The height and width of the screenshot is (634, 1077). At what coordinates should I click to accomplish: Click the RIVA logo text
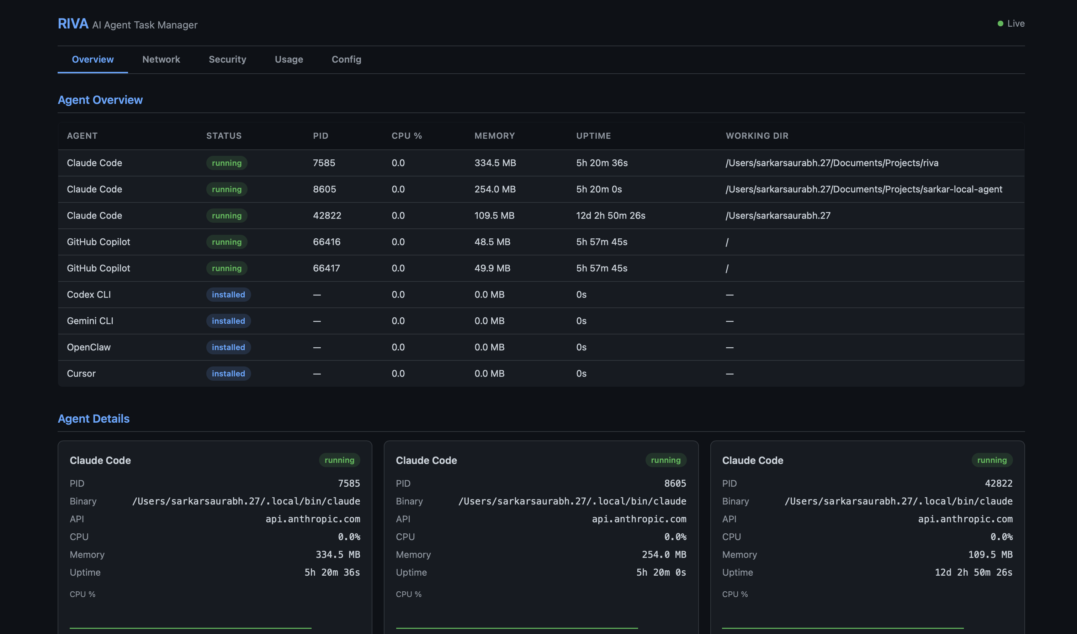tap(73, 23)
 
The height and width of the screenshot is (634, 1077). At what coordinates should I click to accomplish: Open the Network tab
tap(161, 59)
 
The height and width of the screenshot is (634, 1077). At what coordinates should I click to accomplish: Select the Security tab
tap(227, 59)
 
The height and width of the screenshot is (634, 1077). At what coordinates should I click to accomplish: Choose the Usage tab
tap(289, 59)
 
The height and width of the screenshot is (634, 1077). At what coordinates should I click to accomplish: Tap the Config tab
tap(346, 59)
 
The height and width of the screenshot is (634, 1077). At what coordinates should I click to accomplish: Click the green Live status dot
tap(1000, 23)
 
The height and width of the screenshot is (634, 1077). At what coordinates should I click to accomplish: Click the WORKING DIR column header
tap(757, 136)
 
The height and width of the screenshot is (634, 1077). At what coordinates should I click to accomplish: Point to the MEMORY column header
tap(494, 136)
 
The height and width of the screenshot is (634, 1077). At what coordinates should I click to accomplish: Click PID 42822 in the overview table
tap(327, 216)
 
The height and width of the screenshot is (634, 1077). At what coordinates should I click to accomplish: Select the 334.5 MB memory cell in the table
tap(495, 163)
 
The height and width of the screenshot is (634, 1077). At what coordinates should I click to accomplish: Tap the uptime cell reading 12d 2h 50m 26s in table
tap(610, 216)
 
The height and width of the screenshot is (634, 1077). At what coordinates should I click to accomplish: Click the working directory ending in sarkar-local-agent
tap(863, 189)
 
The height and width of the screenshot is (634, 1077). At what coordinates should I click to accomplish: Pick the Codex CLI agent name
tap(89, 295)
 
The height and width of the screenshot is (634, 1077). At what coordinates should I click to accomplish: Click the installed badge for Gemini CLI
tap(228, 321)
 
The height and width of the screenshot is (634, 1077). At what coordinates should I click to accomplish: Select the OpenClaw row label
tap(89, 347)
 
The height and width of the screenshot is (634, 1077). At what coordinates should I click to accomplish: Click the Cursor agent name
tap(81, 374)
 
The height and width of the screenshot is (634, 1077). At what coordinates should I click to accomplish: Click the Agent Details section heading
tap(94, 418)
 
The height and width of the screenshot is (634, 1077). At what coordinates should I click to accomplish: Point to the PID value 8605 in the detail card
tap(675, 484)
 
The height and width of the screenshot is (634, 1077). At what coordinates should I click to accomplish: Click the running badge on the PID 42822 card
tap(992, 460)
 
